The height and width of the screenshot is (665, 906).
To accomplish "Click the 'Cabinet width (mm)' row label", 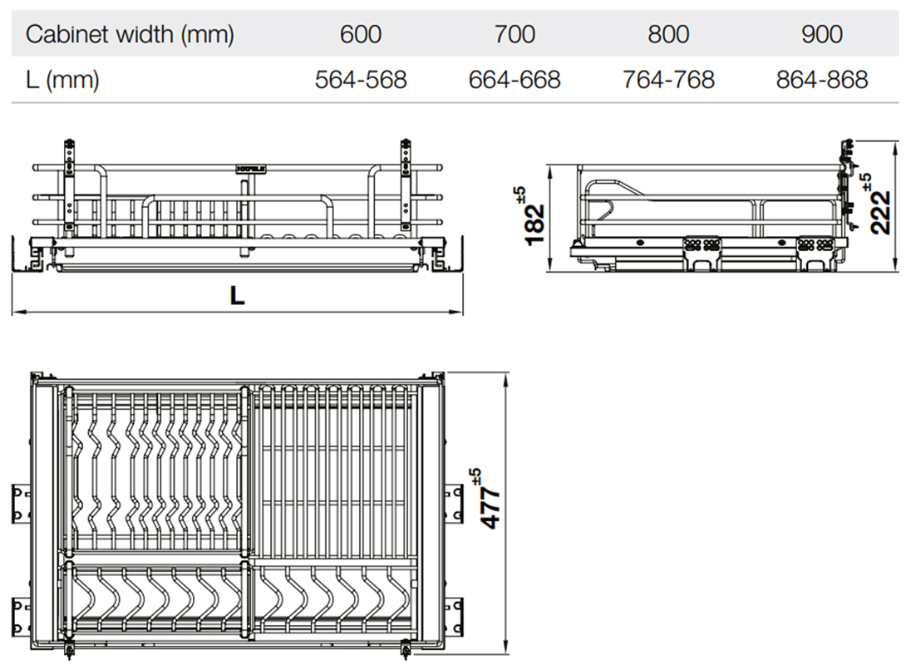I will point(130,34).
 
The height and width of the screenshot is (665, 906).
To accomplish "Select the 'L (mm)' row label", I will point(62,80).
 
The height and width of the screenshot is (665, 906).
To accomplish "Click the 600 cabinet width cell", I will point(361,34).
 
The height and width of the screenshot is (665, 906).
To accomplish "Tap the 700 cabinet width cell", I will point(515,34).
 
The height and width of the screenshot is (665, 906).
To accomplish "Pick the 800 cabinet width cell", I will point(668,34).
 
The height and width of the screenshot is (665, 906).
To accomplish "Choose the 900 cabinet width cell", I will point(822,34).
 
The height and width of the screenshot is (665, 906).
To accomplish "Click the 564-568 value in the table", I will point(361,80).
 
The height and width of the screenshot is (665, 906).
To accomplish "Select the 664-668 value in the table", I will point(515,80).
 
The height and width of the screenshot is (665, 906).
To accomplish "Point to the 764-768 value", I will point(668,80).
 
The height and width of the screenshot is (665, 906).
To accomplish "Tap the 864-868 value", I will point(822,80).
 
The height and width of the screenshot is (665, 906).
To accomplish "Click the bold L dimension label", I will point(238,296).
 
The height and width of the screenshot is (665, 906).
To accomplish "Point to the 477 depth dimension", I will point(491,509).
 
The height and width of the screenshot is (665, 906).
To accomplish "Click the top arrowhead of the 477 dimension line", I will point(505,377).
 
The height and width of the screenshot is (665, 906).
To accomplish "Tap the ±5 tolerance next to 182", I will point(521,195).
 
